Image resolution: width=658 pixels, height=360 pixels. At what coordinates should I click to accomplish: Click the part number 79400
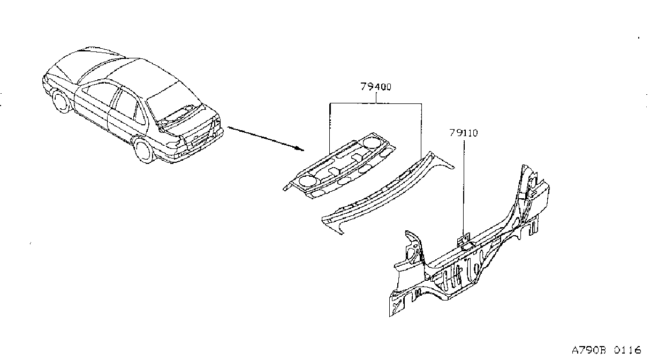point(376,87)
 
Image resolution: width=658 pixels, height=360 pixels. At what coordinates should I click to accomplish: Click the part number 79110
point(464,133)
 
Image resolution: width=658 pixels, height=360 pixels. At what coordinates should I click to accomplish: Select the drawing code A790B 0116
point(606,350)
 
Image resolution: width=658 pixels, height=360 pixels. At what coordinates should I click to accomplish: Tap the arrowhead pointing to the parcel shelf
point(300,148)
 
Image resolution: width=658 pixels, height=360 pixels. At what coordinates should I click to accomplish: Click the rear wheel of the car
point(143,150)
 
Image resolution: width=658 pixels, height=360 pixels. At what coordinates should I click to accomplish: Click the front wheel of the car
point(60,102)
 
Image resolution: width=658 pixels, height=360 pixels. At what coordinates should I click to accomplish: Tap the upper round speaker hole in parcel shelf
point(372,142)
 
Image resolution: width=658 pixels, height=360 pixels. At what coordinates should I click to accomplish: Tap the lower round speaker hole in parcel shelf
point(306,179)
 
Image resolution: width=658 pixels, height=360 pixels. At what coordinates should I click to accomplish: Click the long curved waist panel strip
point(388,192)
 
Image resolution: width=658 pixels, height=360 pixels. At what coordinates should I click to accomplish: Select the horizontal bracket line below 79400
point(376,103)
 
